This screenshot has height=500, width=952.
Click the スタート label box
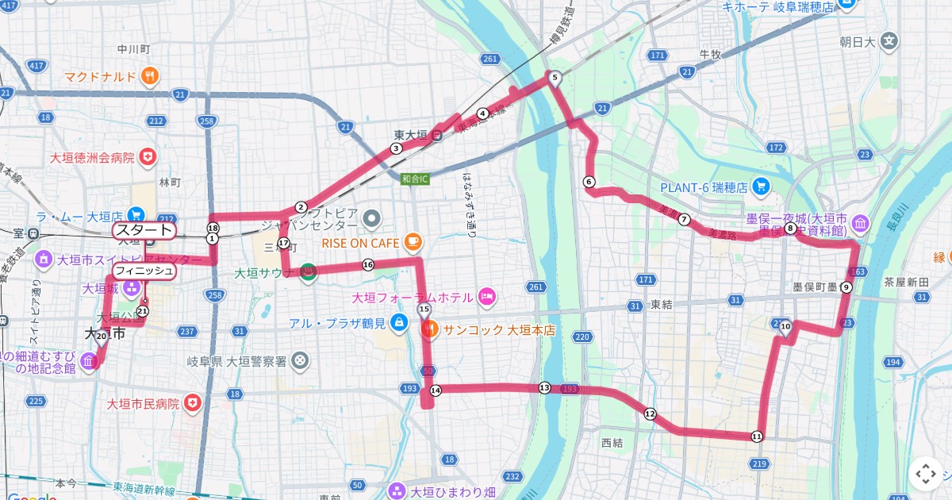point(144,231)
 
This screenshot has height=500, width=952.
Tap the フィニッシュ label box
point(144,271)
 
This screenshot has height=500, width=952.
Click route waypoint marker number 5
point(555,78)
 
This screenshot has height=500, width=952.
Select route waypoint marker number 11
point(756,437)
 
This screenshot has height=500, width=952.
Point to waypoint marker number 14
point(435,390)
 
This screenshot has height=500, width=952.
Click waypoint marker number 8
point(790,229)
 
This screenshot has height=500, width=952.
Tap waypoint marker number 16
point(367,265)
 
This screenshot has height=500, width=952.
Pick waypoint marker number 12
point(650,413)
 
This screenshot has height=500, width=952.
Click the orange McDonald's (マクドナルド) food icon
point(150,76)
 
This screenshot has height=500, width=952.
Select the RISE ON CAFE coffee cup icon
point(412,240)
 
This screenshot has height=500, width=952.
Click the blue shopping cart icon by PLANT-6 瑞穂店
point(762,188)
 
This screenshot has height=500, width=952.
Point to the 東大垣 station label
point(411,134)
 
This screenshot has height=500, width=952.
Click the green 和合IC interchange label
point(414,179)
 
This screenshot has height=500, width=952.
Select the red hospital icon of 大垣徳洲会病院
point(147,158)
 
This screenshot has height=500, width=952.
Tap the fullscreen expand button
point(925,474)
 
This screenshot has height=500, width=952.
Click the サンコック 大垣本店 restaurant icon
point(429,327)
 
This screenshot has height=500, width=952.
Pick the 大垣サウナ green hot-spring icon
point(309,272)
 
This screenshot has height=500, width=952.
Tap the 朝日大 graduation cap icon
point(890,40)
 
